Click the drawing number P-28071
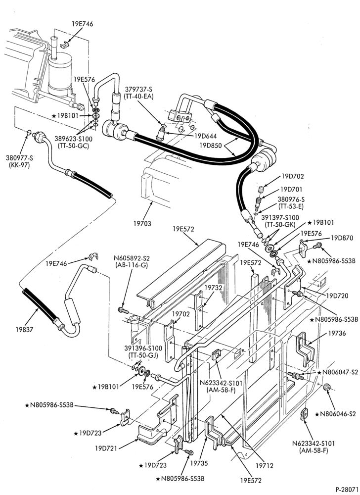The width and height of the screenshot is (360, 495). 347,490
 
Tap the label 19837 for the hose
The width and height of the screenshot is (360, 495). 24,330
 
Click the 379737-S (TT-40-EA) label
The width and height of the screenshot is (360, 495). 138,93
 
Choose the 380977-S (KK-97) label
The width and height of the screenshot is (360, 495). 19,161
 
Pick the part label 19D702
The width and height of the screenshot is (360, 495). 293,177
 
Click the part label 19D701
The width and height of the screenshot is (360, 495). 291,190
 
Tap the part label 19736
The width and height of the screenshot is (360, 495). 337,333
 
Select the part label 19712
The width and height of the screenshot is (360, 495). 264,466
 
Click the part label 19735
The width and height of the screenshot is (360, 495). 199,463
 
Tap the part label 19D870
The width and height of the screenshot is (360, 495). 341,238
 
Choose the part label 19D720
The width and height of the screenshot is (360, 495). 337,296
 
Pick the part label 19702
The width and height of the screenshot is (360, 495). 181,314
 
